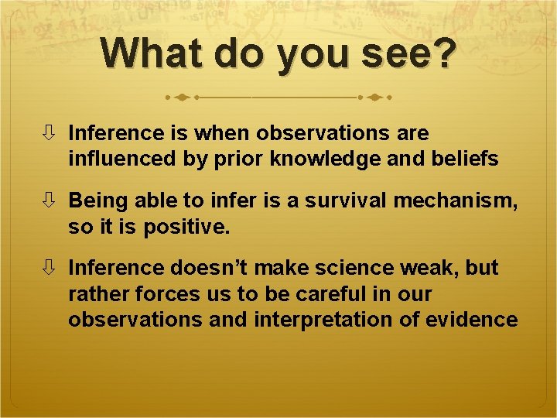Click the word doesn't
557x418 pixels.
(x=214, y=268)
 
